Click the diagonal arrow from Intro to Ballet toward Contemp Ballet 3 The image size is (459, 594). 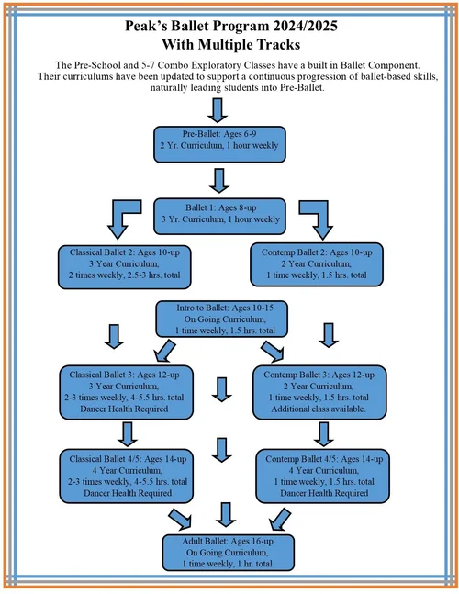point(273,351)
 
